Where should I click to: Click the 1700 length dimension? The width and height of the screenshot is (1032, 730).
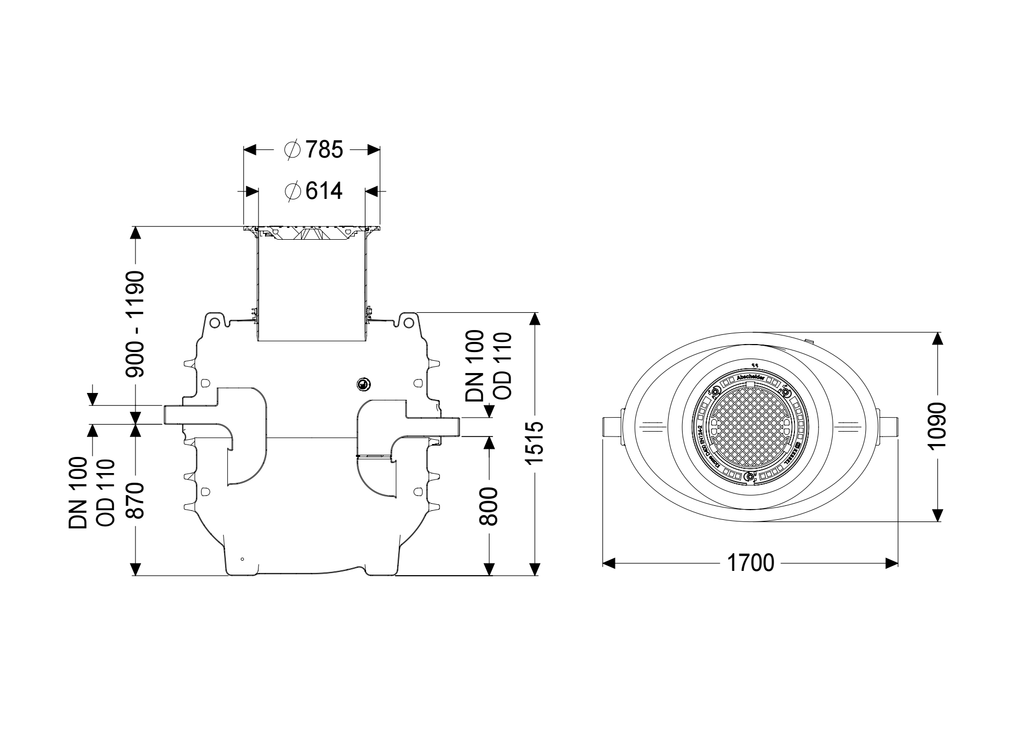750,563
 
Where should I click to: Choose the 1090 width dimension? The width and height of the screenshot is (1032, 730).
937,426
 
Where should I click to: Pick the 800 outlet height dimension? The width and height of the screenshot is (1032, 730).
489,506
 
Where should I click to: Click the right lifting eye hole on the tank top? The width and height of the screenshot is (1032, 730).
409,322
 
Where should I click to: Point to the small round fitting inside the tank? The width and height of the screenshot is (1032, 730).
363,384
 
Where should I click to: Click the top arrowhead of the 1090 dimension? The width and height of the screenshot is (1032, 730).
937,339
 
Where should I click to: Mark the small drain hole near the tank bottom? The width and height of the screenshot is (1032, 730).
242,560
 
